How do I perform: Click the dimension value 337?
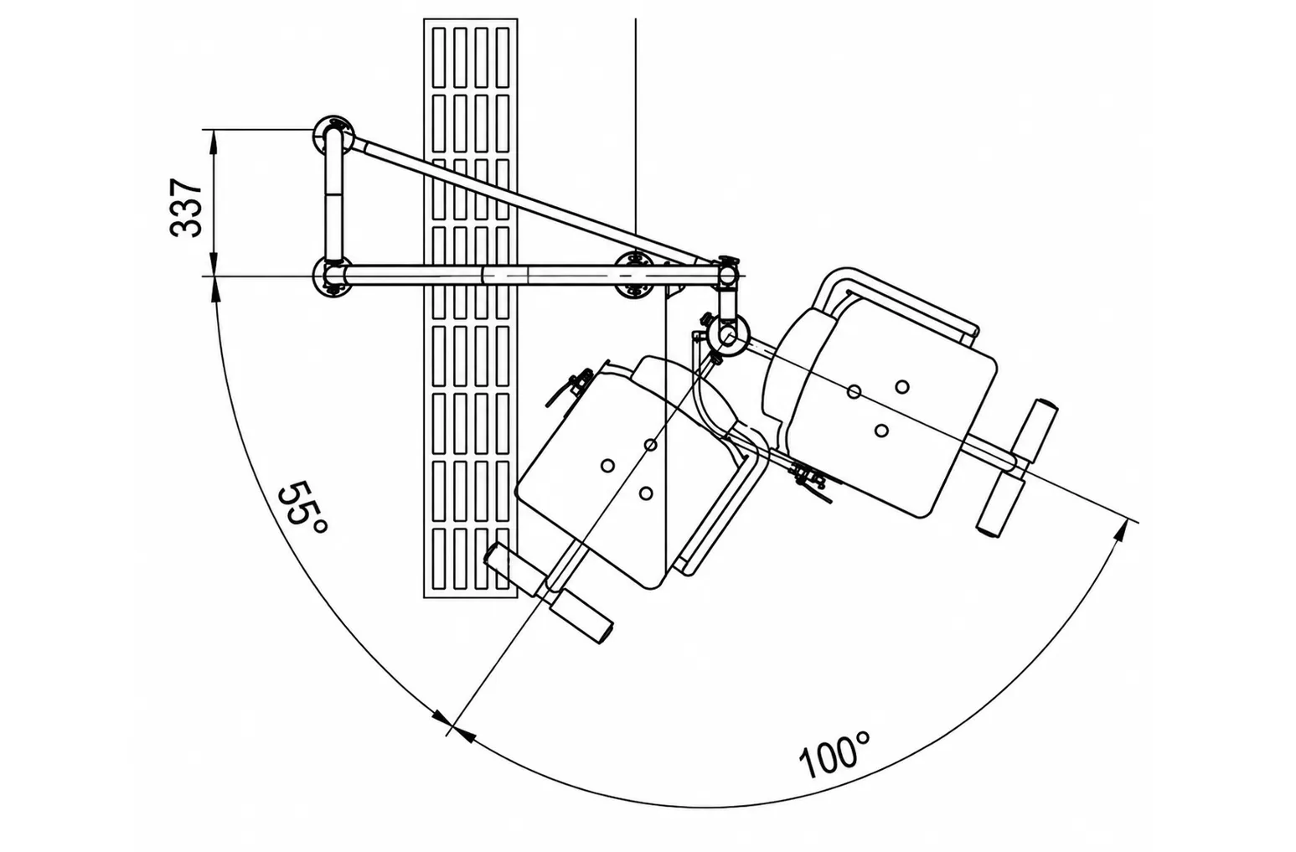point(186,209)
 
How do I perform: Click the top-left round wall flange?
point(333,134)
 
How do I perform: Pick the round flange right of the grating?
point(635,275)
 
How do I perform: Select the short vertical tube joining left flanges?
point(333,197)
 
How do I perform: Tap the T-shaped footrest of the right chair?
point(1016,467)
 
